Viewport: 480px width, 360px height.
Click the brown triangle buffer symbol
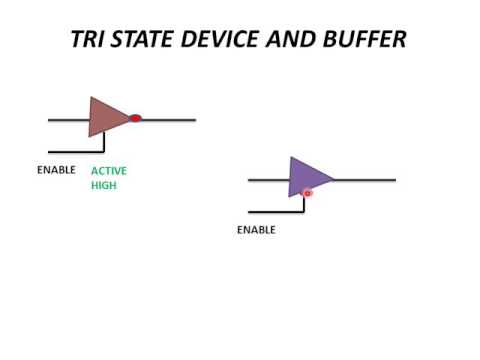click(x=106, y=117)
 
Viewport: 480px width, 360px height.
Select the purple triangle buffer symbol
click(x=306, y=176)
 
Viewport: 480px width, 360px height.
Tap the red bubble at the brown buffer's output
click(x=135, y=118)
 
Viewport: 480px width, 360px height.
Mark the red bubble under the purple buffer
click(x=307, y=193)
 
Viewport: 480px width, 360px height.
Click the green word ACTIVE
click(x=109, y=171)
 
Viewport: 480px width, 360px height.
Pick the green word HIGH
click(x=104, y=185)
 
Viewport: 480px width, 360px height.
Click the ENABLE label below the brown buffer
click(x=56, y=170)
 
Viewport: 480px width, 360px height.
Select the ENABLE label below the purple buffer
click(x=256, y=230)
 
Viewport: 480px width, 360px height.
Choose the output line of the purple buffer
click(x=365, y=180)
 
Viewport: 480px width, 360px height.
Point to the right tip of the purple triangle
click(x=332, y=180)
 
